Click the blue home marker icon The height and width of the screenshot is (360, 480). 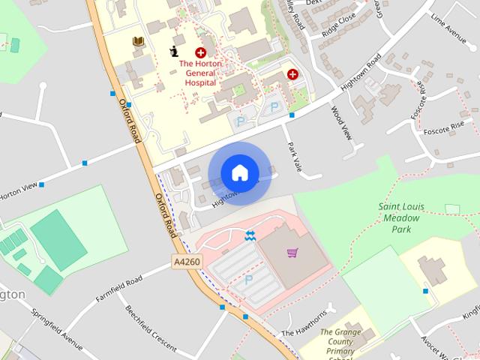[239, 172]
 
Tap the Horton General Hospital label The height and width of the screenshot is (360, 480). [201, 73]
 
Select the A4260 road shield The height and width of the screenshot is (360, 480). [186, 261]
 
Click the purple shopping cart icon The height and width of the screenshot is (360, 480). [292, 253]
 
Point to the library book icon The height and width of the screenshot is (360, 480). [138, 42]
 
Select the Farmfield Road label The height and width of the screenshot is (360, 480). [118, 289]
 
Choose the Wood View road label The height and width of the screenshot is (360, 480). [340, 122]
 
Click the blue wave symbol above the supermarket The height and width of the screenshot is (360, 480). [250, 236]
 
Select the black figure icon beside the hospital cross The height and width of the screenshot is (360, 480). [174, 52]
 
